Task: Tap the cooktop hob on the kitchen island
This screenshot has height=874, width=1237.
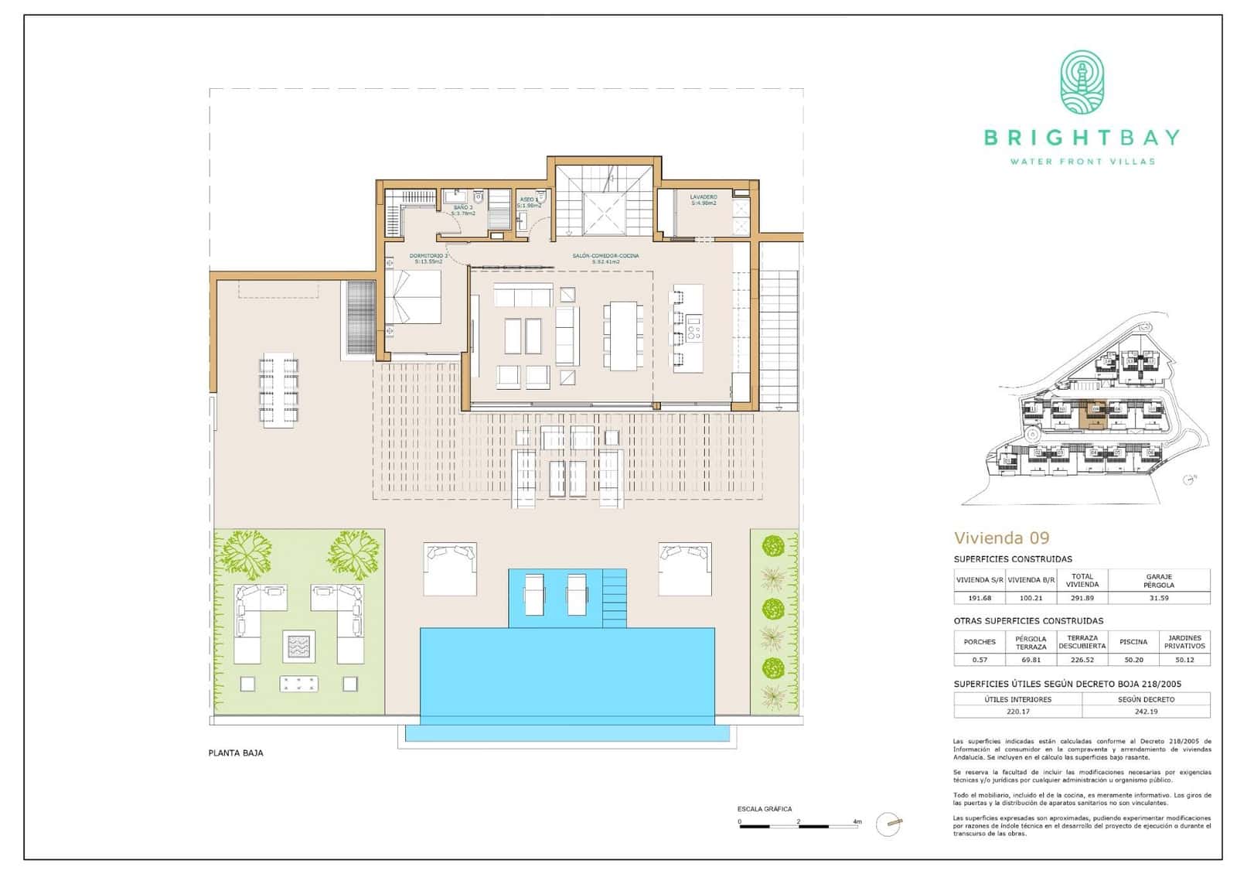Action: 693,328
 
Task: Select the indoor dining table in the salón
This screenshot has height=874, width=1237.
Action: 623,336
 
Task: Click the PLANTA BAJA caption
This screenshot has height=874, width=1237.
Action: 236,753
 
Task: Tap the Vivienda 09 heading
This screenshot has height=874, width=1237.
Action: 1001,538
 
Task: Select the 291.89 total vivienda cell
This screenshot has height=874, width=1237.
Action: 1082,598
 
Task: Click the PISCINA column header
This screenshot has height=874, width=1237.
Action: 1133,642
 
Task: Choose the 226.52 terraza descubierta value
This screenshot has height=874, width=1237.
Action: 1082,660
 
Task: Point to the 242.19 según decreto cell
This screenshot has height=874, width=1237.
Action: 1146,712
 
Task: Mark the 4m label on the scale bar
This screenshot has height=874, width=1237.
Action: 857,821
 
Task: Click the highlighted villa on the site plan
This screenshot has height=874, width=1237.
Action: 1091,415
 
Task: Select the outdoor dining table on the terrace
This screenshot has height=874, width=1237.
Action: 279,390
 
